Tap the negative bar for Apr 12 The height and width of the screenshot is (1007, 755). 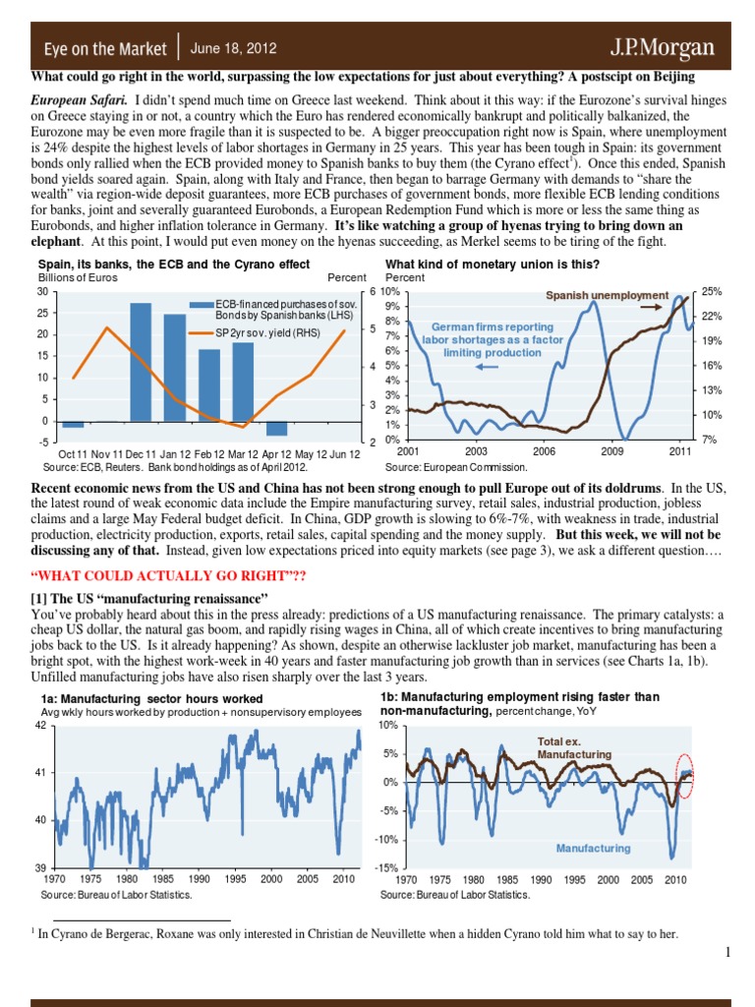point(277,429)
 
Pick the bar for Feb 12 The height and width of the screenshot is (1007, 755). point(209,385)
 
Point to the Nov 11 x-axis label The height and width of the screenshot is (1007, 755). point(106,453)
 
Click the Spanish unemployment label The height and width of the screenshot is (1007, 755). point(607,295)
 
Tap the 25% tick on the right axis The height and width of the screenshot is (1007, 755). point(713,292)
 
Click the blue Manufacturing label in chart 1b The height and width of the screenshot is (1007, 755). point(593,847)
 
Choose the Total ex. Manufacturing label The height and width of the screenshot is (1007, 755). point(574,747)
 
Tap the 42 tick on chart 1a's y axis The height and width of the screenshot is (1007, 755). point(40,725)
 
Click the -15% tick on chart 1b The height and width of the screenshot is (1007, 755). point(384,867)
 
